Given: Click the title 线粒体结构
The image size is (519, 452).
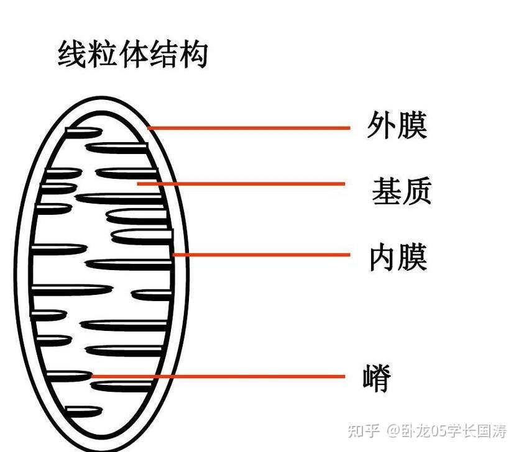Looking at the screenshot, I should pos(132,54).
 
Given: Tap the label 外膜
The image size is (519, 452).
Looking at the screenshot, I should pos(397,126).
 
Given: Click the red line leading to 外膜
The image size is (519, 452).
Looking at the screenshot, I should pos(249,129).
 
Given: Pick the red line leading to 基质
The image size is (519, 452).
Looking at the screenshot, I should pos(242,184).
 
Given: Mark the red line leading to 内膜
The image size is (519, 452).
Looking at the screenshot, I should pos(261,255).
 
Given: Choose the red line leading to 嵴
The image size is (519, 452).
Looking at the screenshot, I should pos(218,376).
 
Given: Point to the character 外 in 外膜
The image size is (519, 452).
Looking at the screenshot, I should pos(381,126).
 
